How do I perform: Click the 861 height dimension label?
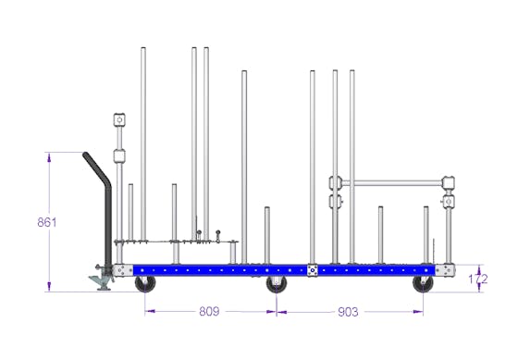tap(47, 222)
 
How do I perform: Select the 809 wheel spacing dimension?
tap(209, 311)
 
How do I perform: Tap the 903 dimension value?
tap(348, 312)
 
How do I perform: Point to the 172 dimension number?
tap(478, 279)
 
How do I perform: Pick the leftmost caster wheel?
tap(145, 284)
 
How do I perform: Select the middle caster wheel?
tap(277, 284)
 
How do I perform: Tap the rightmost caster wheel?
tap(424, 284)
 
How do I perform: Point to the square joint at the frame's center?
tap(313, 270)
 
